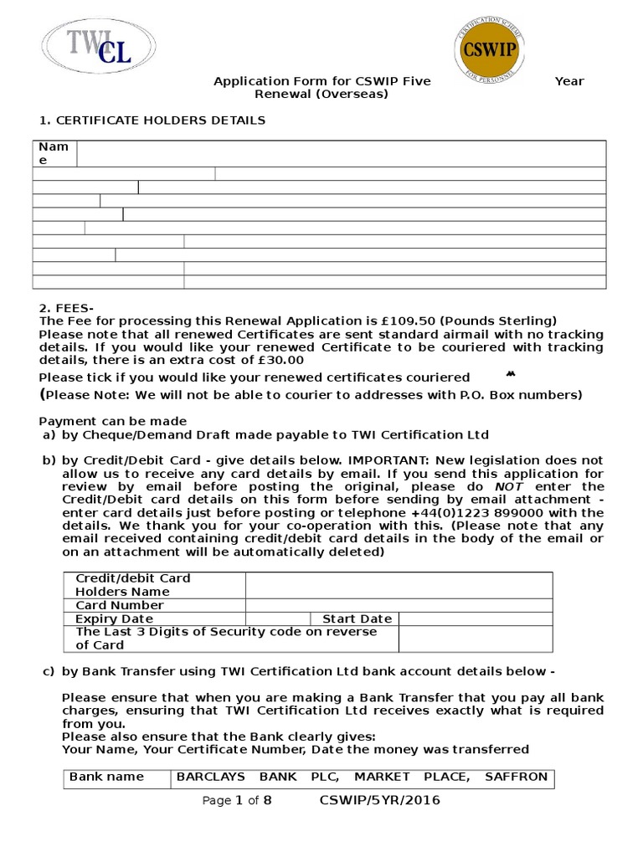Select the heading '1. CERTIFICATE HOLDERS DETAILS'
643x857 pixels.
[x=152, y=121]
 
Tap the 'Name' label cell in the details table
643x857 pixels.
[x=54, y=154]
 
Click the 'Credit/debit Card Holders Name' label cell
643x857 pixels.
[x=154, y=585]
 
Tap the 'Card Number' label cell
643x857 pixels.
[x=120, y=605]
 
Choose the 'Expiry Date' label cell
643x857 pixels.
[x=115, y=618]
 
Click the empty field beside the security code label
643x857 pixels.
[x=476, y=639]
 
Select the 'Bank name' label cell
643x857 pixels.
[x=106, y=777]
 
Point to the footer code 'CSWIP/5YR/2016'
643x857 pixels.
[x=379, y=801]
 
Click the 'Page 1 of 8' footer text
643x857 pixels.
[x=237, y=801]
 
